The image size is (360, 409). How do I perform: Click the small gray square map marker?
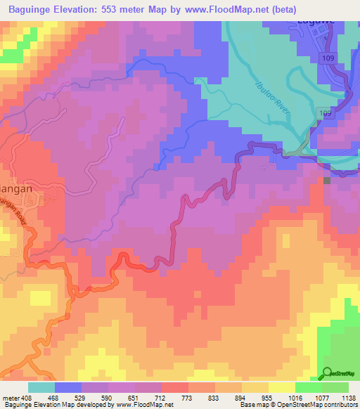pyautogui.click(x=327, y=181)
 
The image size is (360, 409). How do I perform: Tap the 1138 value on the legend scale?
pyautogui.click(x=347, y=398)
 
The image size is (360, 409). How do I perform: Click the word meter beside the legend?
pyautogui.click(x=8, y=398)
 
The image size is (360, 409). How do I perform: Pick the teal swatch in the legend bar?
pyautogui.click(x=41, y=387)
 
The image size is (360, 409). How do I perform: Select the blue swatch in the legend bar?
pyautogui.click(x=68, y=387)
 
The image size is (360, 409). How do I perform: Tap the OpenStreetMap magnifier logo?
pyautogui.click(x=328, y=374)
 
